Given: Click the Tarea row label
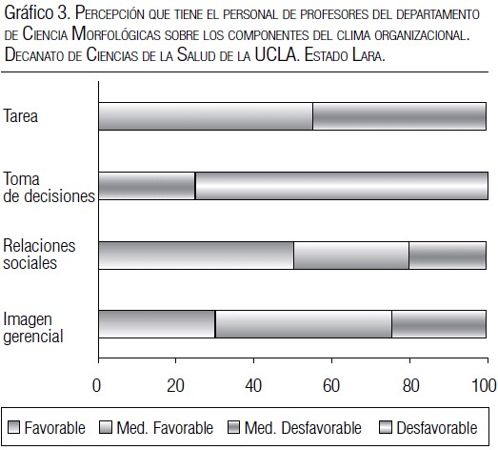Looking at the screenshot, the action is [21, 115].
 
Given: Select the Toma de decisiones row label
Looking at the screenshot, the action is [49, 187].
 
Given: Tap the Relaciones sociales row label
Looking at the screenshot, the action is [39, 255].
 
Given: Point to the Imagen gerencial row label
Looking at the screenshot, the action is [33, 328].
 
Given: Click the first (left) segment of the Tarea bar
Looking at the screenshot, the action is [206, 116].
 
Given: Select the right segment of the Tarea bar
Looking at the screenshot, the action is [400, 116].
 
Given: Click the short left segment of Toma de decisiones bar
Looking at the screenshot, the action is [147, 186].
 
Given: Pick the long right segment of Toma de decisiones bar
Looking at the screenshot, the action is [342, 186].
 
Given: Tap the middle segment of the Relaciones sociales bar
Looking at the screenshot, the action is [351, 256].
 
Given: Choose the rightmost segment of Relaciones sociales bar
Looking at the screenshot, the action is [448, 256].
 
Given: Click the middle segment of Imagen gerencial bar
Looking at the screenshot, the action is [304, 324].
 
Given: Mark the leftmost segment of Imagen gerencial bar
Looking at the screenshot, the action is [157, 324].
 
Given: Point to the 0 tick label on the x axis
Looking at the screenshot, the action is [96, 385].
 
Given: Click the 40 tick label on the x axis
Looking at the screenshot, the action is [253, 385].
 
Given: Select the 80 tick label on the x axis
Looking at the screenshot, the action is [410, 385].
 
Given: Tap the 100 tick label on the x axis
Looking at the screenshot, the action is [484, 385].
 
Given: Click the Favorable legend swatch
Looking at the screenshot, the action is [13, 427].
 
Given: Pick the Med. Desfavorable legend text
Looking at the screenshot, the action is [303, 428].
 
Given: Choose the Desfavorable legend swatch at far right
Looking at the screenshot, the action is [386, 427].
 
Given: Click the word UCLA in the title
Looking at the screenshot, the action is [276, 54].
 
